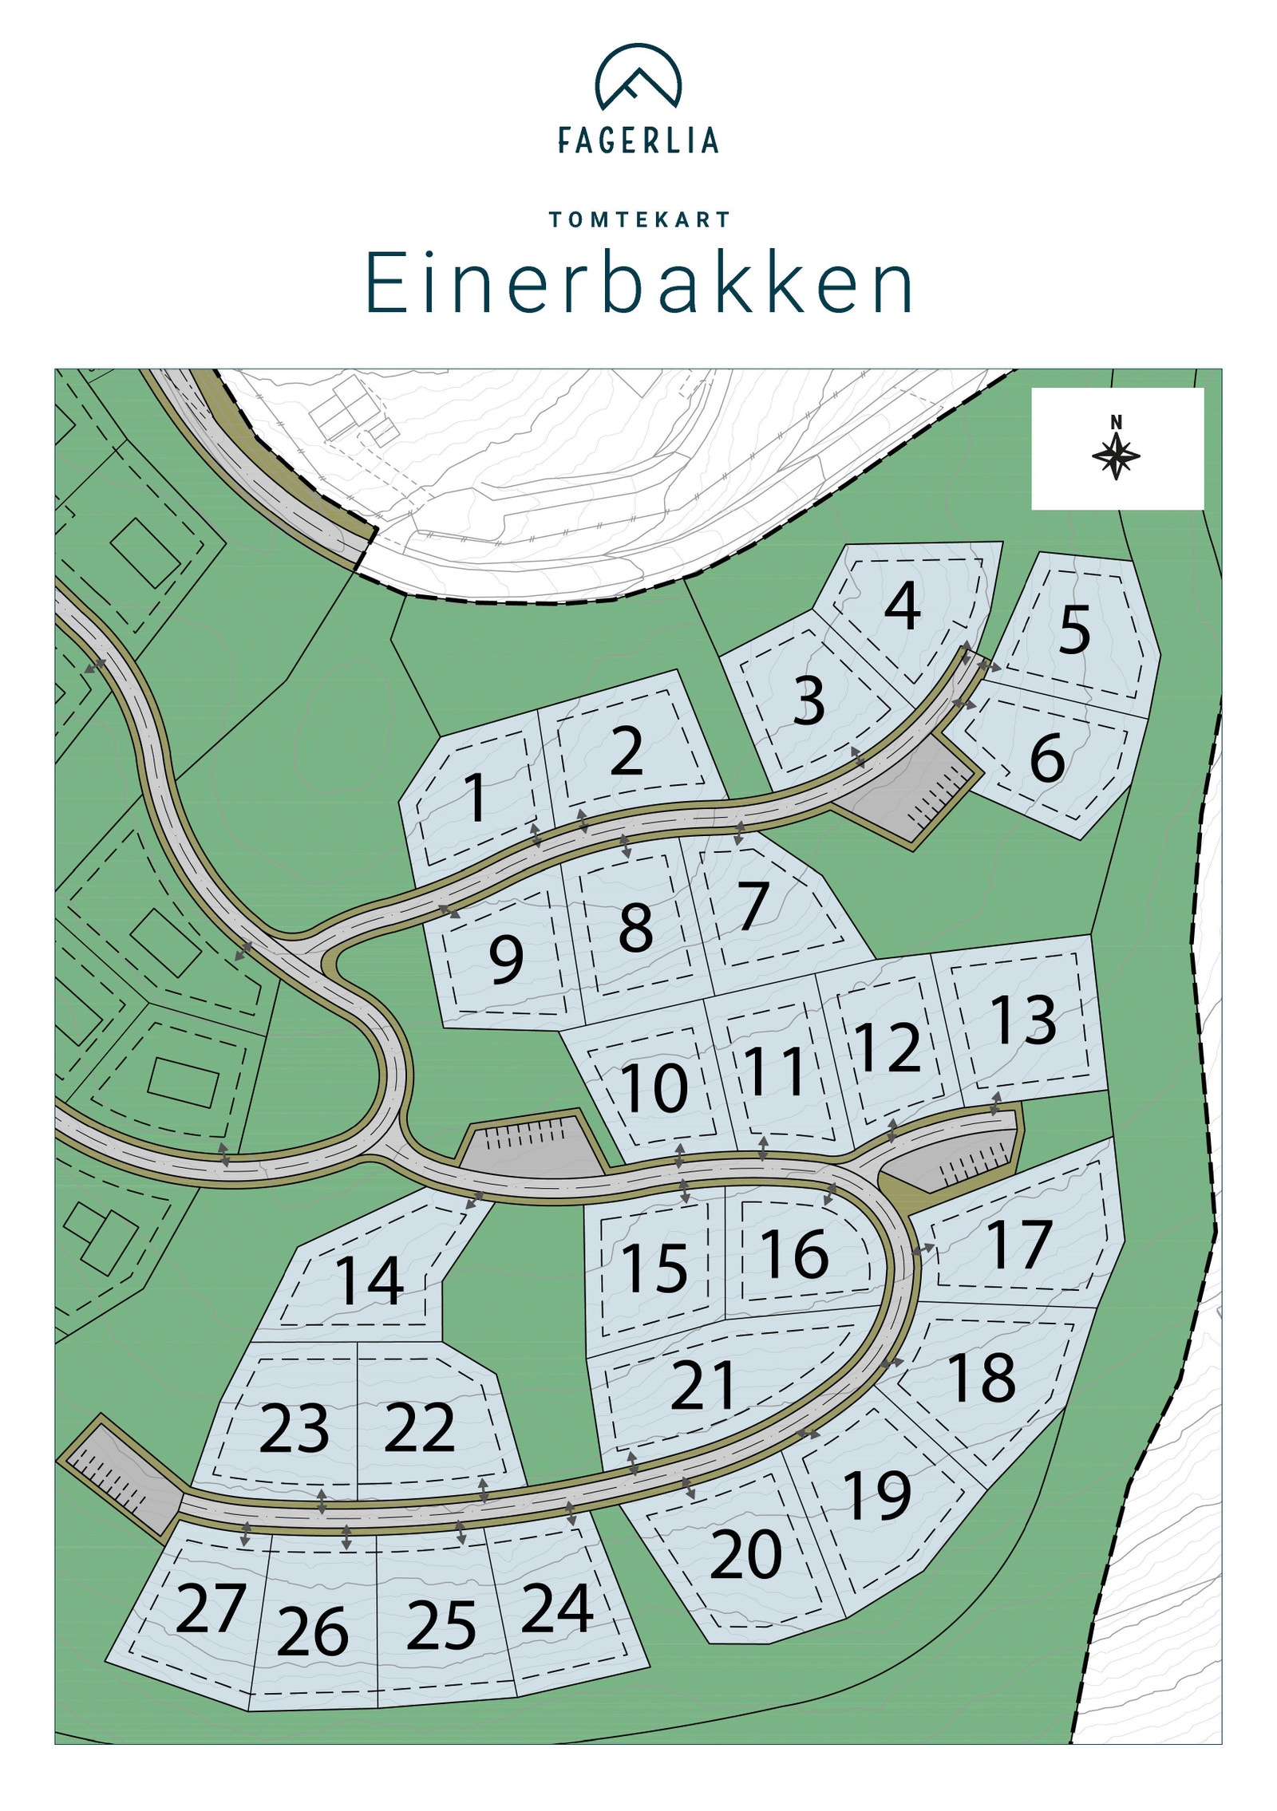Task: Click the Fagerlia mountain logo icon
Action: tap(638, 77)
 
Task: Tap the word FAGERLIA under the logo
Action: tap(638, 140)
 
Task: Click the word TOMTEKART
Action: tap(639, 219)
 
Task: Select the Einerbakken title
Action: tap(638, 283)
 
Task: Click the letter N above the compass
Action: tap(1116, 422)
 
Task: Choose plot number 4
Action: tap(903, 606)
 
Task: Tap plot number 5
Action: tap(1074, 629)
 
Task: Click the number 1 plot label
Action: tap(476, 797)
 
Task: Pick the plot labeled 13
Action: tap(1024, 1020)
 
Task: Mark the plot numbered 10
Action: tap(654, 1087)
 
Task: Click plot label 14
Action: tap(369, 1280)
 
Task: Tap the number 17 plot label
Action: tap(1019, 1244)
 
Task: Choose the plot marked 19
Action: tap(877, 1495)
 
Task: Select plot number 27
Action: tap(211, 1608)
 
